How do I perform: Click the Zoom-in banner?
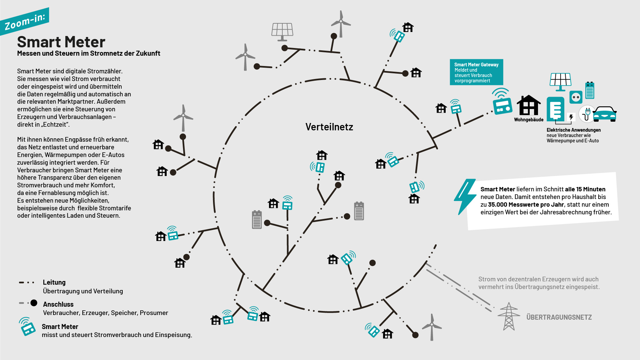tap(25, 21)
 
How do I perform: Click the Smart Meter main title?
tap(61, 42)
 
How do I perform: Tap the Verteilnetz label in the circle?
tap(329, 127)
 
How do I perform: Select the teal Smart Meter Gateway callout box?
tap(476, 72)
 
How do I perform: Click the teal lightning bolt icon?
tap(465, 197)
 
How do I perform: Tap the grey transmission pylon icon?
tap(509, 317)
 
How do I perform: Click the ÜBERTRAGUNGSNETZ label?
tap(559, 317)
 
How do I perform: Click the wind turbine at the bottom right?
tap(432, 327)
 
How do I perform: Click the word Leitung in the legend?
tap(54, 282)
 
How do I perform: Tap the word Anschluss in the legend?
tap(58, 304)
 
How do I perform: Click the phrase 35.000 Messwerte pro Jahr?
tap(526, 205)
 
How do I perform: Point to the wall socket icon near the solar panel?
tap(576, 97)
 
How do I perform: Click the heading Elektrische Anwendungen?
tap(573, 130)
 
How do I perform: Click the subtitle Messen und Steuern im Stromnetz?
tap(89, 53)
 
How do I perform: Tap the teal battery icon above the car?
tap(590, 91)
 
